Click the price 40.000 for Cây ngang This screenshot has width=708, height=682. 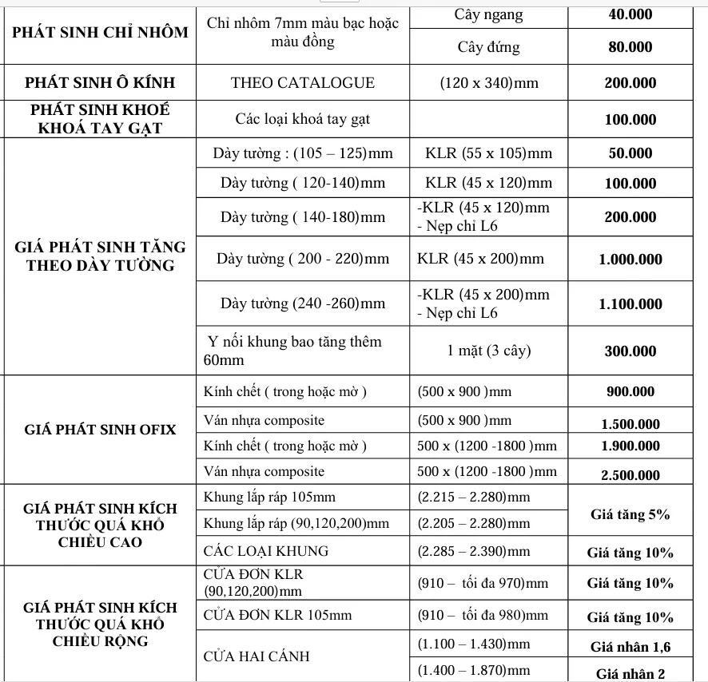point(630,14)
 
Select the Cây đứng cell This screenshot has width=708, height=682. point(488,47)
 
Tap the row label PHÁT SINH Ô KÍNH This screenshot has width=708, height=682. point(100,83)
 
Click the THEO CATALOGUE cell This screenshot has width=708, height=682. point(302,83)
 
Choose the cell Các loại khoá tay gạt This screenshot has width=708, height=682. point(302,120)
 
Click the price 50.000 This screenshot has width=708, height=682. point(630,153)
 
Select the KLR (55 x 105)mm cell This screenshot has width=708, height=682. point(488,153)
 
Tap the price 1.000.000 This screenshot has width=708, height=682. point(630,259)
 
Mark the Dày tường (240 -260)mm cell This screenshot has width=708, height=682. point(303,303)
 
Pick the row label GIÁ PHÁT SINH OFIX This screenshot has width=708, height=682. point(100,430)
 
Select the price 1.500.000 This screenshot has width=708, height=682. point(630,424)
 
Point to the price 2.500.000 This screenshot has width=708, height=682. point(630,475)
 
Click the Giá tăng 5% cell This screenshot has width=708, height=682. point(630,514)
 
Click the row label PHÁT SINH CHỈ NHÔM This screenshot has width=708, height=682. point(100,32)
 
